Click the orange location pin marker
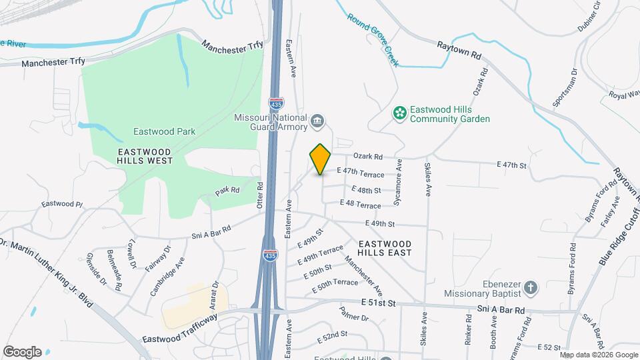click(x=321, y=159)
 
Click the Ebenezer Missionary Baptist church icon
click(x=530, y=287)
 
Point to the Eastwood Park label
click(x=164, y=131)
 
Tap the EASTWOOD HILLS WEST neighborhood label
click(x=144, y=156)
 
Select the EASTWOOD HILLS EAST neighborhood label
click(x=384, y=248)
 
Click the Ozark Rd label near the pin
click(x=369, y=157)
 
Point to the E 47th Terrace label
click(x=361, y=173)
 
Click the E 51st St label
click(x=378, y=303)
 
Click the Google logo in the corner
click(x=22, y=352)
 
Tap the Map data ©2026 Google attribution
click(x=598, y=355)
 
